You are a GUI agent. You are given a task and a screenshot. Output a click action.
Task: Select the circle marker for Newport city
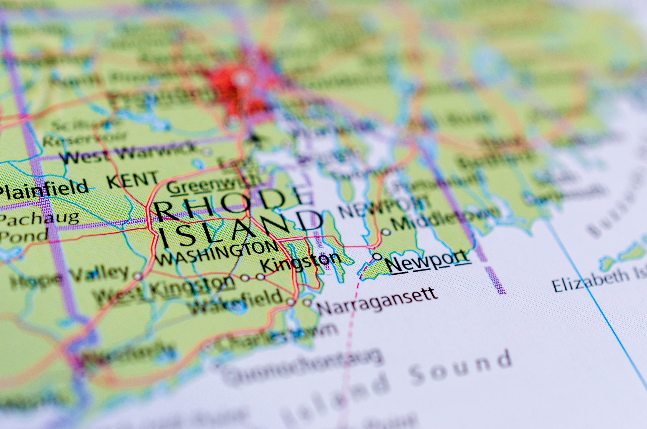[377, 257]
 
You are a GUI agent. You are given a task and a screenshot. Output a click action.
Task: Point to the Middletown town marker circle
[386, 232]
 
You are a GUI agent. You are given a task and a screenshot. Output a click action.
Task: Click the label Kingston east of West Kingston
[301, 262]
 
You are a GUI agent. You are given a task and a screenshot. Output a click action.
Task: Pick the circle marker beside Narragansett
[307, 302]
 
